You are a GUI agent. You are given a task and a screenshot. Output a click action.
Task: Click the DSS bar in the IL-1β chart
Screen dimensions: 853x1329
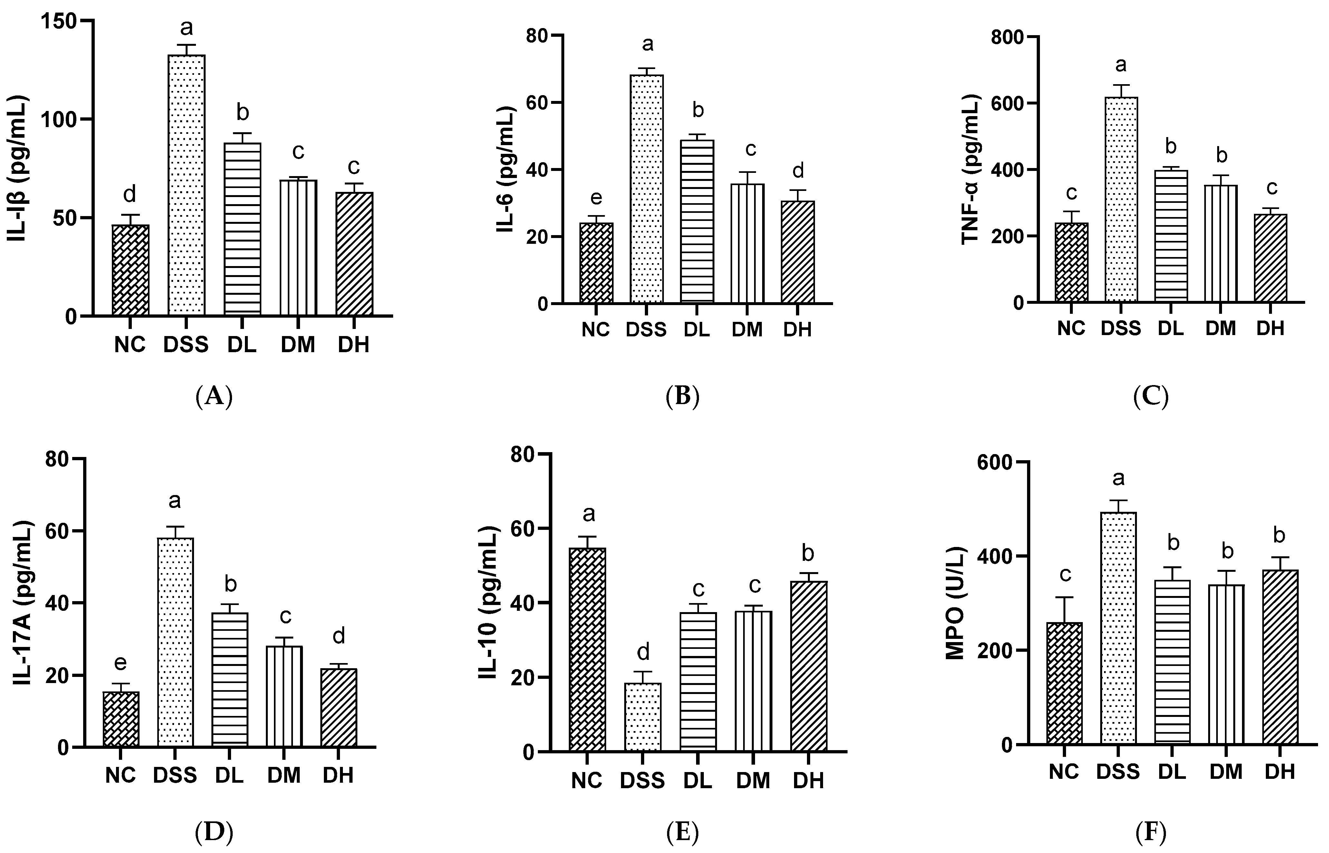[x=187, y=185]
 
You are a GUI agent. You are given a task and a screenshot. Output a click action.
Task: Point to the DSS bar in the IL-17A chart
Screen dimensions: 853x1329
[x=175, y=642]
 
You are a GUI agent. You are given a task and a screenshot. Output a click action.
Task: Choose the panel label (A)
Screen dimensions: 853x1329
[x=214, y=397]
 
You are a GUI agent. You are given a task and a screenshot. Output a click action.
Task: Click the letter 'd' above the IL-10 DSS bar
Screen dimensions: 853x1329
[x=643, y=652]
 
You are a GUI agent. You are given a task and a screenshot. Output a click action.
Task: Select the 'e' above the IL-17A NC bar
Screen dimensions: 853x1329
[x=120, y=662]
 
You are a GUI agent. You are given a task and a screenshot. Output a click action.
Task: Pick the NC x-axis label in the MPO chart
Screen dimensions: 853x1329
[x=1063, y=772]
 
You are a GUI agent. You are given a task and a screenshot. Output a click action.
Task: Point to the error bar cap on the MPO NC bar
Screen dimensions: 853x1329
[x=1064, y=597]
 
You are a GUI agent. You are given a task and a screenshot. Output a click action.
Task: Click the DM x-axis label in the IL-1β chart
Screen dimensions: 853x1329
[x=298, y=345]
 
